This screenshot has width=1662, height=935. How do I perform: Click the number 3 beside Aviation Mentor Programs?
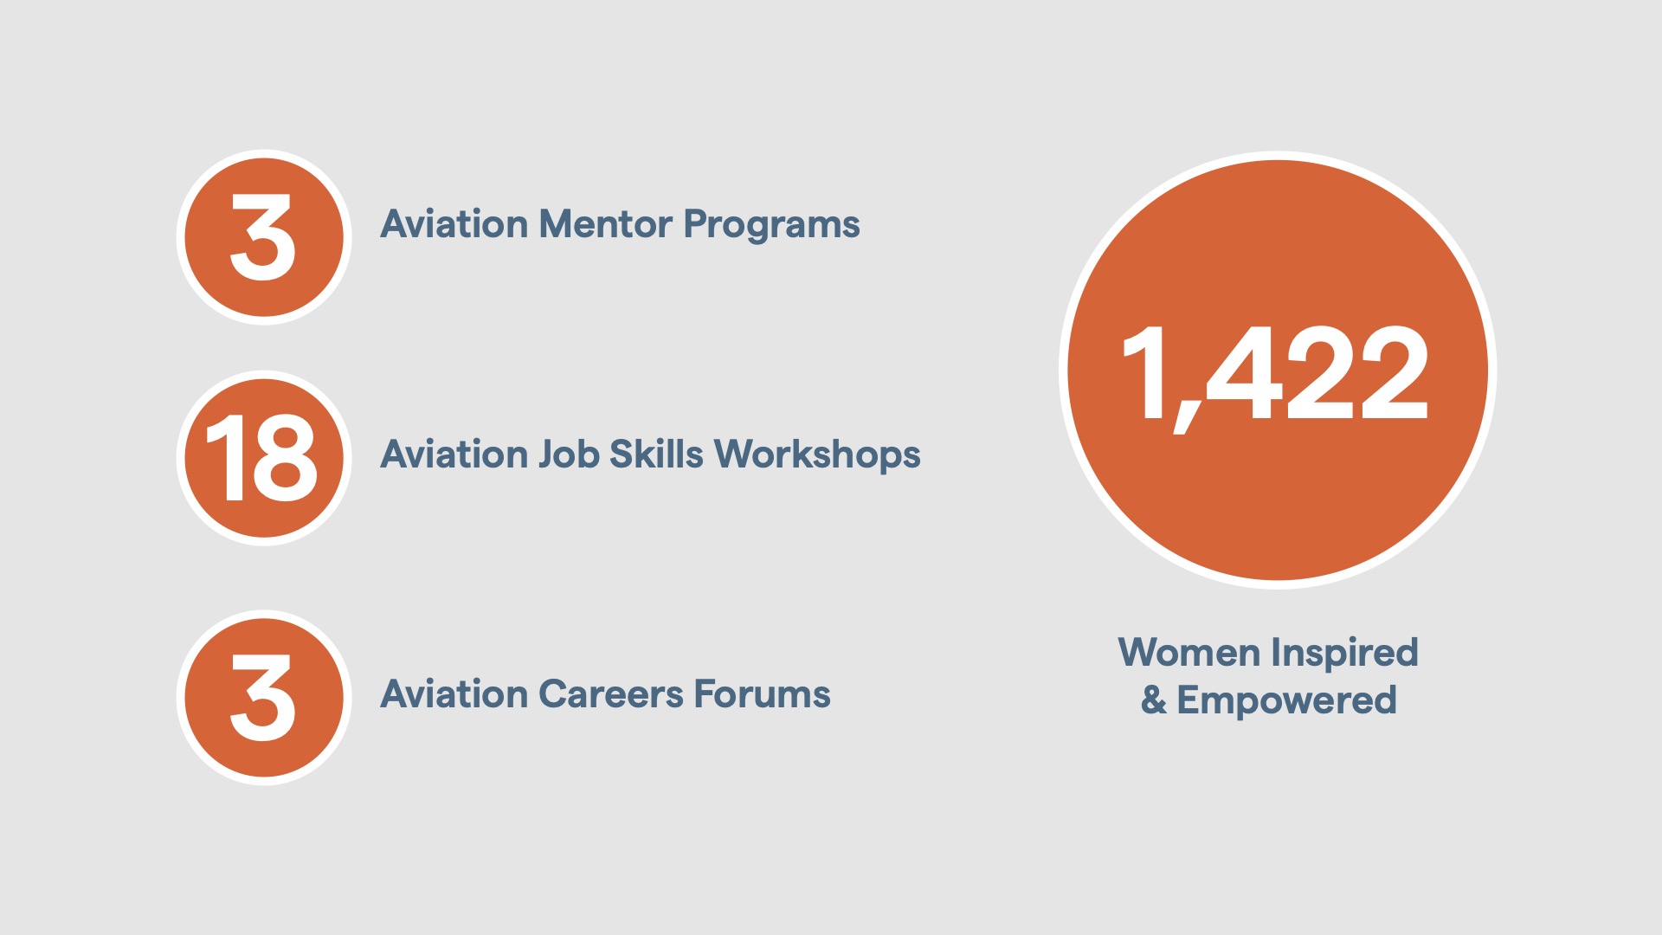coord(263,237)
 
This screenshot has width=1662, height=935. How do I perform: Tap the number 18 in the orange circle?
coord(262,457)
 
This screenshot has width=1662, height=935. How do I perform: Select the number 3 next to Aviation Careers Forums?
coord(263,698)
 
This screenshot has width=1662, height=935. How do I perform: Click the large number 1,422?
coord(1275,374)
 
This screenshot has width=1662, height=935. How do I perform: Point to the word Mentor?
coord(605,224)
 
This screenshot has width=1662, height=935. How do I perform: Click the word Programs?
coord(771,226)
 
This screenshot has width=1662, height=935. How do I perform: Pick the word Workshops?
coord(817,456)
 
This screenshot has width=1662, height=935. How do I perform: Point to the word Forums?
coord(762,694)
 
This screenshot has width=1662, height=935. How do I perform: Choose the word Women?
coord(1189,653)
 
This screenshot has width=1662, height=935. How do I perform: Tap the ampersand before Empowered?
coord(1153,700)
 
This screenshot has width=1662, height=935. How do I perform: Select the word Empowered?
coord(1286,701)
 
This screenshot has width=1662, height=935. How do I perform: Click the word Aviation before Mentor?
coord(454,224)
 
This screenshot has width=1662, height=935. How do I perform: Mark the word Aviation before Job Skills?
coord(454,455)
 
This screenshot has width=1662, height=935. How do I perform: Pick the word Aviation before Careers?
coord(454,694)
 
